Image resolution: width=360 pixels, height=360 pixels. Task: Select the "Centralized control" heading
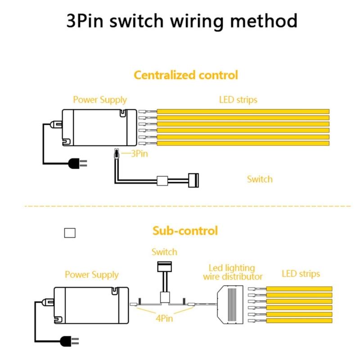pyautogui.click(x=185, y=75)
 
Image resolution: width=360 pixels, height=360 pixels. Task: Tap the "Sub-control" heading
pyautogui.click(x=185, y=231)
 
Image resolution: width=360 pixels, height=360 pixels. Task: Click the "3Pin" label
pyautogui.click(x=139, y=153)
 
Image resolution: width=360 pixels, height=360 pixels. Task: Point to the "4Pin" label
pyautogui.click(x=165, y=319)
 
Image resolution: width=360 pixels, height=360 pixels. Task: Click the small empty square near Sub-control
pyautogui.click(x=70, y=233)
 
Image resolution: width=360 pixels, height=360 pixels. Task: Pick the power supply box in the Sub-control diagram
pyautogui.click(x=90, y=305)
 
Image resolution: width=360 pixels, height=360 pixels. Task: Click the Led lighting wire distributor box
pyautogui.click(x=232, y=304)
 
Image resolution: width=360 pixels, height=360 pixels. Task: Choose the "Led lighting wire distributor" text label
pyautogui.click(x=232, y=272)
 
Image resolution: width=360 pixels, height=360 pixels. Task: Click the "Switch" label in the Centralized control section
pyautogui.click(x=260, y=179)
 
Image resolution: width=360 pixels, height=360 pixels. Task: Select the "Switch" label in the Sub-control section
pyautogui.click(x=164, y=252)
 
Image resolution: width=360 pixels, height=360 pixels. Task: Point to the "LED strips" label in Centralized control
pyautogui.click(x=238, y=99)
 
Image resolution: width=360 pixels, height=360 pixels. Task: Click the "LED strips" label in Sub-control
pyautogui.click(x=301, y=274)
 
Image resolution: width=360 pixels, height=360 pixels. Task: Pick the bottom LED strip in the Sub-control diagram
pyautogui.click(x=299, y=321)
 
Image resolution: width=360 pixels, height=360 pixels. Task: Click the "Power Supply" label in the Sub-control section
pyautogui.click(x=91, y=274)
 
